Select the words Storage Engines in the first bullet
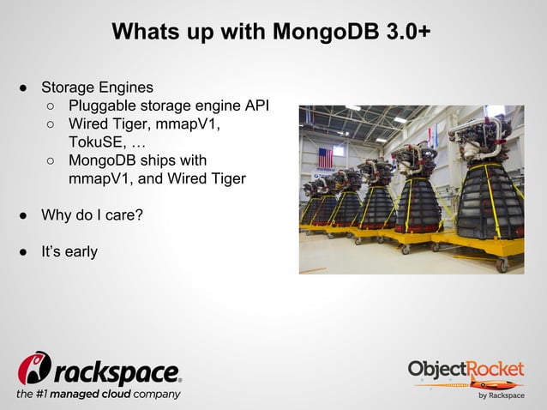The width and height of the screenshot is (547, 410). (98, 87)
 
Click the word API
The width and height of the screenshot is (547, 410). (257, 106)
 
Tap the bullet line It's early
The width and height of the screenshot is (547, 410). (69, 251)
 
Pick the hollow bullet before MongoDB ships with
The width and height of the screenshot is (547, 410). (51, 161)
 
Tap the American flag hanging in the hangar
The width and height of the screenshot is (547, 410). (325, 157)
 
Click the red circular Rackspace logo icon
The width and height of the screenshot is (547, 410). (34, 368)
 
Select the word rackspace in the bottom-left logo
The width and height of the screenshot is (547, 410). (117, 371)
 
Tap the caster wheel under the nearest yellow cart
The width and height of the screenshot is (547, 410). (501, 265)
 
